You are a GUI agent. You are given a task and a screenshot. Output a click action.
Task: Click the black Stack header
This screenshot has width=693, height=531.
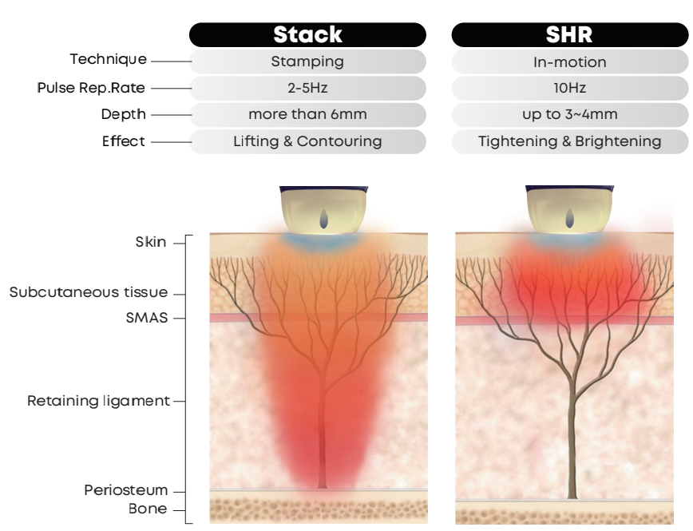(x=307, y=34)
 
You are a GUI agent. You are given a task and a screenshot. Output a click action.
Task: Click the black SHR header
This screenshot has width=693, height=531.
(x=570, y=34)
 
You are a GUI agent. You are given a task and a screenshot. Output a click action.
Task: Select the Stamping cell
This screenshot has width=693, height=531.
(x=307, y=61)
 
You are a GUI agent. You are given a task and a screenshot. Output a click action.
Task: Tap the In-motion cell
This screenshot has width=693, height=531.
(x=570, y=61)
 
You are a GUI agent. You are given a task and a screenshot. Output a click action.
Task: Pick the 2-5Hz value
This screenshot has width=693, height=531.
(x=307, y=88)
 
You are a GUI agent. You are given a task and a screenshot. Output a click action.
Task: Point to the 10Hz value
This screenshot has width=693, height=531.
(x=570, y=88)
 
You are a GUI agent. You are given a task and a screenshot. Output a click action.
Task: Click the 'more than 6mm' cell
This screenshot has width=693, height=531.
(x=307, y=114)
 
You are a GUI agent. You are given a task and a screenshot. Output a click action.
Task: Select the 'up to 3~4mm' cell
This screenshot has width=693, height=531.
(x=570, y=114)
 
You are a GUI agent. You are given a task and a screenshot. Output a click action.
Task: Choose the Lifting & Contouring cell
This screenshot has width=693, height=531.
(x=307, y=141)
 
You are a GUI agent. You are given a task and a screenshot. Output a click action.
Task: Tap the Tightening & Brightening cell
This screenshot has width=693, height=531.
(x=570, y=141)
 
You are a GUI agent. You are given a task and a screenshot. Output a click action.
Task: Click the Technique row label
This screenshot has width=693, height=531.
(x=109, y=59)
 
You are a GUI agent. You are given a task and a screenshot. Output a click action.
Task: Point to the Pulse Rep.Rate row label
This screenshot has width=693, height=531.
(x=91, y=88)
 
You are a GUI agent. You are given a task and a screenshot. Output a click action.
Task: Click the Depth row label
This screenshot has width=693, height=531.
(x=123, y=114)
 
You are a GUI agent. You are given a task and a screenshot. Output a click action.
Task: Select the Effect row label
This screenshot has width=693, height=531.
(x=123, y=141)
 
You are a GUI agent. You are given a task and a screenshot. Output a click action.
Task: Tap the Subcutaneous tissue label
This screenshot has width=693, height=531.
(x=89, y=292)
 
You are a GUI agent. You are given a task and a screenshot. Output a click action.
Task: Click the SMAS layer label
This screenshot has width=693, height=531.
(x=147, y=318)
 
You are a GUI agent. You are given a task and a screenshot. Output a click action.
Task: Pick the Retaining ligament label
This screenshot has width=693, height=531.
(x=98, y=401)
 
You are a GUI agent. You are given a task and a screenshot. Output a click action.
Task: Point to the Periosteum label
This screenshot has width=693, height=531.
(x=126, y=490)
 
